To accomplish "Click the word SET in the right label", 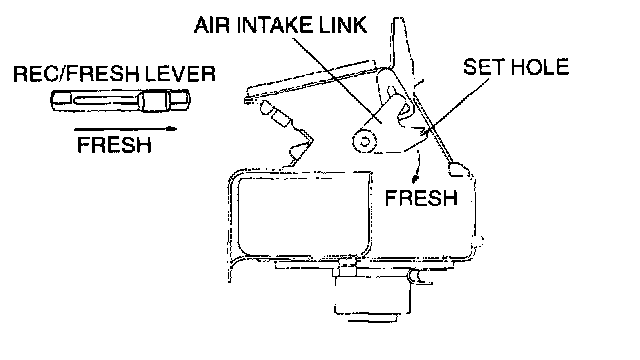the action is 483,67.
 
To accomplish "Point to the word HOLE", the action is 539,67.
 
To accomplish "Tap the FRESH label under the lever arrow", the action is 114,145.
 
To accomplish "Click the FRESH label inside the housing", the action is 421,198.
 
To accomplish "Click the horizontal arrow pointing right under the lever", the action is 125,129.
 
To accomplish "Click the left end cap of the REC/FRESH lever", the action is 61,100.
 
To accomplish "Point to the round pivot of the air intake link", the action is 364,141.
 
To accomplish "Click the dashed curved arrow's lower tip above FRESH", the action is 415,179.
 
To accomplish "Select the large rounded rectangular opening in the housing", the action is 304,215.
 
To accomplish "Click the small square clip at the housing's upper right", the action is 457,169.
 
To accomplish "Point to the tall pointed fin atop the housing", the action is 403,49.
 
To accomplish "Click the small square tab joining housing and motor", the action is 347,267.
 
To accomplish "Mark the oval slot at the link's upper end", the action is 393,94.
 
